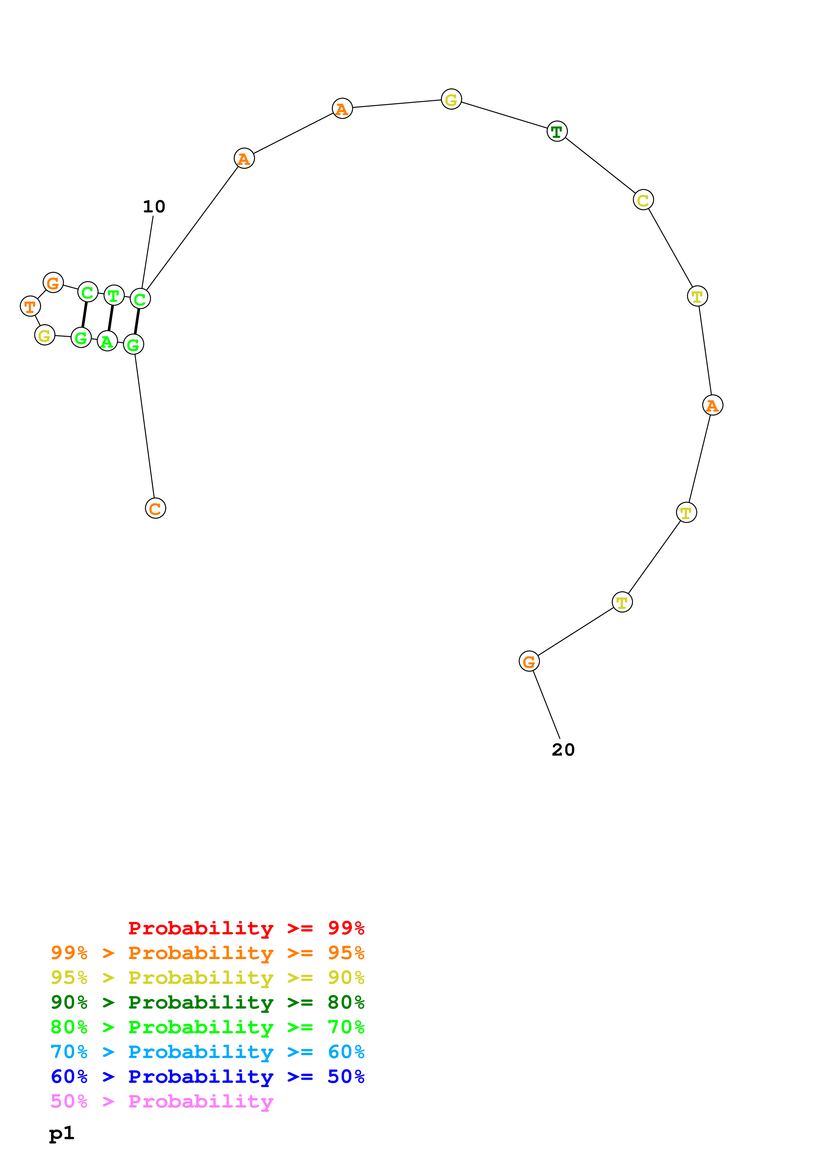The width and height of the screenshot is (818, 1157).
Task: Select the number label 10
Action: coord(154,206)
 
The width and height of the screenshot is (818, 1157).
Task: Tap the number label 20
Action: coord(563,750)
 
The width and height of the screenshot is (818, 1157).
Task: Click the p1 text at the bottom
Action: coord(61,1133)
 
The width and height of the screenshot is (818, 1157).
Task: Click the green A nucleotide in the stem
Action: coord(107,341)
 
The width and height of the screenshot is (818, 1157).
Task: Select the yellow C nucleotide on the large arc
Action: coord(643,200)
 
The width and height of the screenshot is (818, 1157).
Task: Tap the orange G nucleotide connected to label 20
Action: coord(529,661)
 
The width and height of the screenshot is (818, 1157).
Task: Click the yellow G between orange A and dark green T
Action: coord(451,99)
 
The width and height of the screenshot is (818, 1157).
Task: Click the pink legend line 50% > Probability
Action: coord(162,1102)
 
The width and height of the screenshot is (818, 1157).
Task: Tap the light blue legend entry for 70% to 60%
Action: coord(207,1052)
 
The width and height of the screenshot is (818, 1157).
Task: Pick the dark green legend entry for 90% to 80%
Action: coord(207,1003)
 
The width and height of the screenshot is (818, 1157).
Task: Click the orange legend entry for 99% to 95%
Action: coord(207,954)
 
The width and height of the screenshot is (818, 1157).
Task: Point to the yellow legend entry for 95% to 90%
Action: coord(207,978)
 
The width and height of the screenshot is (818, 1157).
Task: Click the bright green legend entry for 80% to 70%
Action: coord(207,1027)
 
